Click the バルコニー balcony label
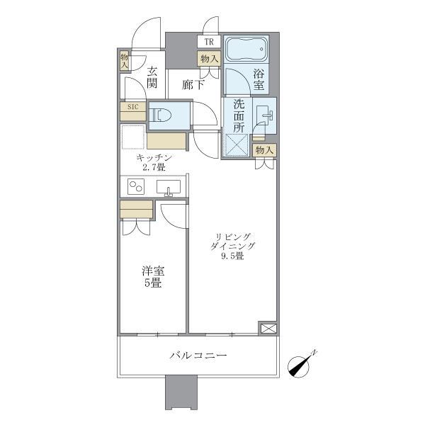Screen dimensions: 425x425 198,356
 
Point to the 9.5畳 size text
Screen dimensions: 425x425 232,256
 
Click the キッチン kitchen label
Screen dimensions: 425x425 152,157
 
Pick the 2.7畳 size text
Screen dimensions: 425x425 152,168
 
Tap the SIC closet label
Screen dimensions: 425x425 132,108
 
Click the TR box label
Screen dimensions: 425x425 209,42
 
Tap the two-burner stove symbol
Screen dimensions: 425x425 135,187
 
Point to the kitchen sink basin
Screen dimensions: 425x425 169,188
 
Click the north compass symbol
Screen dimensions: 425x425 303,365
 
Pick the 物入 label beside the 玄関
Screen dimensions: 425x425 124,61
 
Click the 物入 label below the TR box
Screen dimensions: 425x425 209,59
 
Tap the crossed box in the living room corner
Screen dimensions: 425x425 268,328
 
